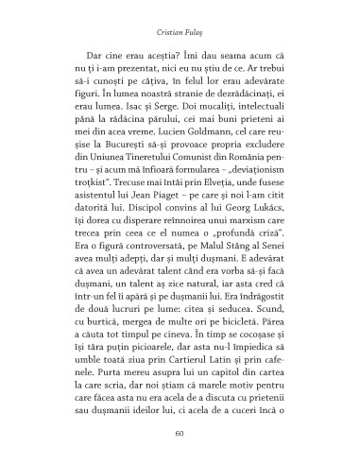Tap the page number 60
pyautogui.click(x=180, y=434)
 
